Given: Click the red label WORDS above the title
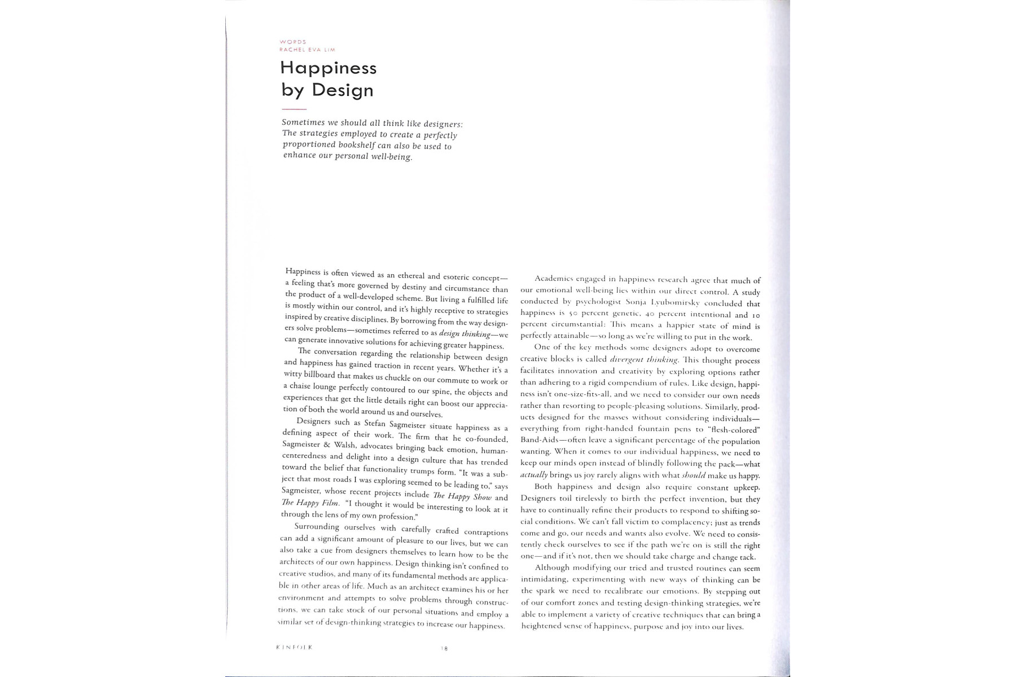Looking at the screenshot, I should pyautogui.click(x=293, y=42).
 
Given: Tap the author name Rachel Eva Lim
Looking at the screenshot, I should pyautogui.click(x=307, y=50).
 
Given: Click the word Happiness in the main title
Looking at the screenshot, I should pyautogui.click(x=329, y=68).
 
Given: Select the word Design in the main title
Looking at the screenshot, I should pyautogui.click(x=343, y=90).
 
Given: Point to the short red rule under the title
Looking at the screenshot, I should pyautogui.click(x=294, y=109).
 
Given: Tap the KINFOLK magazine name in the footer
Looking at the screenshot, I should pyautogui.click(x=294, y=647).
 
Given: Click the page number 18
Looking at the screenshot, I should pyautogui.click(x=444, y=649).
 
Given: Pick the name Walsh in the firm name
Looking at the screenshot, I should pyautogui.click(x=345, y=445).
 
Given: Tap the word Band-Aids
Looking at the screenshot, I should pyautogui.click(x=539, y=439).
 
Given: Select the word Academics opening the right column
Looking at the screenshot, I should pyautogui.click(x=554, y=279).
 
